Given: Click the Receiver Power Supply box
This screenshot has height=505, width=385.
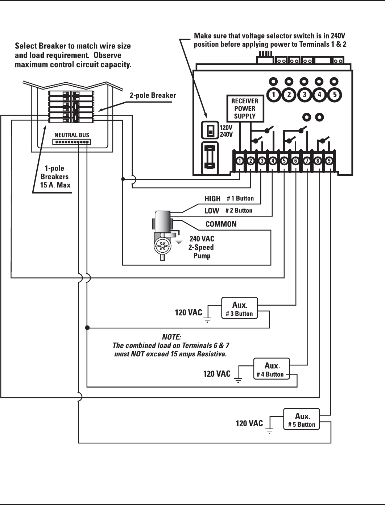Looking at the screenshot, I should click(245, 108).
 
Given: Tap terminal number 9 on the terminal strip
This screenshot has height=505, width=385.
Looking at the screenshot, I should click(329, 161).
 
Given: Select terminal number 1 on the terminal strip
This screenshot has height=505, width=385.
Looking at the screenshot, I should click(240, 161).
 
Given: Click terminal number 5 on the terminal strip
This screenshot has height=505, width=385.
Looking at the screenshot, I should click(284, 161).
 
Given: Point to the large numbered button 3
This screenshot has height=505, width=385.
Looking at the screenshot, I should click(304, 95).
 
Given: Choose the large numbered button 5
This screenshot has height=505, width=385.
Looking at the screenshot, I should click(335, 95).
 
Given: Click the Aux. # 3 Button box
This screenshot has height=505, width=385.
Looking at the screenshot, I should click(240, 309).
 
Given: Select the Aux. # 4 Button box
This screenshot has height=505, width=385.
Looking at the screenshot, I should click(272, 369).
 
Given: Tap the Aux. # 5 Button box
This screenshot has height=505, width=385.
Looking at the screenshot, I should click(302, 419).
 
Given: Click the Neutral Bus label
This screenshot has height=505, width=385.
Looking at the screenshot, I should click(72, 135).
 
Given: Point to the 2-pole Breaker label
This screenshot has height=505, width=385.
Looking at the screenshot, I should click(153, 95).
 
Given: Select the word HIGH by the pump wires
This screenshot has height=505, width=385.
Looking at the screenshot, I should click(212, 199).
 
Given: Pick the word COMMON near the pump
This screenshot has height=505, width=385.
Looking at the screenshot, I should click(221, 224).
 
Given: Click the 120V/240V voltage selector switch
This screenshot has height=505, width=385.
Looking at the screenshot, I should click(210, 130).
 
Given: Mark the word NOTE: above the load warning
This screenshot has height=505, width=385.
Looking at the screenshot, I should click(171, 337).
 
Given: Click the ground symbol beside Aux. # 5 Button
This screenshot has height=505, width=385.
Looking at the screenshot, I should click(269, 430).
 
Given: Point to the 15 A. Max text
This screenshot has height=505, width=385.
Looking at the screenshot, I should click(55, 185).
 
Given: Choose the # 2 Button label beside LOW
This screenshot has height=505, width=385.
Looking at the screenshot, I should click(239, 211).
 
